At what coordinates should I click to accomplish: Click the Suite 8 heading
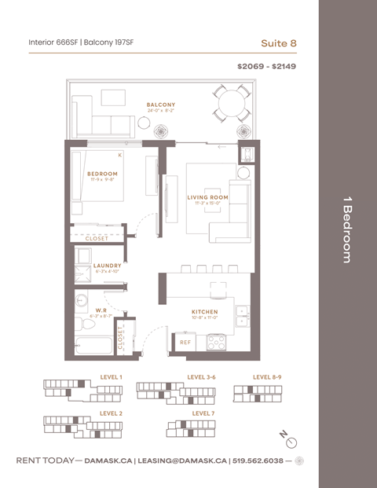(279, 42)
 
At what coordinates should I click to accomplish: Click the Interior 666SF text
(53, 42)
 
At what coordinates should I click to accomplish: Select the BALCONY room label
(161, 105)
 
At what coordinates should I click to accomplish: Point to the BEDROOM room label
(102, 174)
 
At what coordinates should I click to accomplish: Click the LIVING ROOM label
(207, 197)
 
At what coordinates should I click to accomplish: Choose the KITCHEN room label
(205, 312)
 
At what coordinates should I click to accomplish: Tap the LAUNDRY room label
(108, 266)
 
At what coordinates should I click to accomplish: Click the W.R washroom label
(101, 311)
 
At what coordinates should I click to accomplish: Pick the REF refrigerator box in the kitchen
(185, 343)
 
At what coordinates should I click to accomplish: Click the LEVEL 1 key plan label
(111, 377)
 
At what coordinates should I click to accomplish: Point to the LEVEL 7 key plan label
(203, 413)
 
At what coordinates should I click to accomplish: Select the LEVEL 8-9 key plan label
(267, 377)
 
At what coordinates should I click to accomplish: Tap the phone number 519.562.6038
(259, 460)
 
